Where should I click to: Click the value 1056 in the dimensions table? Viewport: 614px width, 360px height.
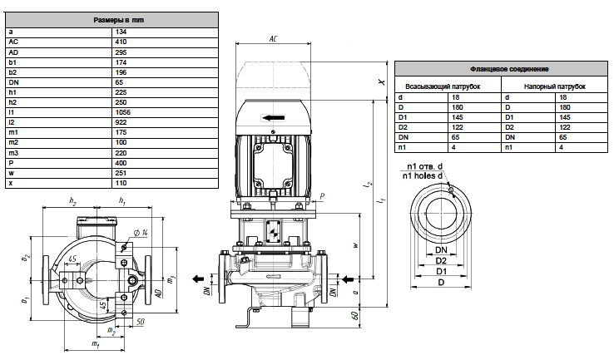(x=122, y=112)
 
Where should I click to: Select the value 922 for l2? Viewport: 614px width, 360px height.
(x=121, y=122)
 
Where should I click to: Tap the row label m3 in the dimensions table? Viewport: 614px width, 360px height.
(x=13, y=153)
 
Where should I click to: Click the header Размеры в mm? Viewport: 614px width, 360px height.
(x=118, y=20)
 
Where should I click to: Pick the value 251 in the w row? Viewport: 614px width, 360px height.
(x=121, y=173)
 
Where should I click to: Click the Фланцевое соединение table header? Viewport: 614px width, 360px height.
(x=509, y=69)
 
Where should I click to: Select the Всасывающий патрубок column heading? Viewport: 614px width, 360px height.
(x=443, y=86)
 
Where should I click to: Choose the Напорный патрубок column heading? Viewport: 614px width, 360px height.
(x=554, y=86)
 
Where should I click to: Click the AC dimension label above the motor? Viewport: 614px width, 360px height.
(x=273, y=39)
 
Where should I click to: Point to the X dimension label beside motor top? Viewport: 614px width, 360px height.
(x=381, y=82)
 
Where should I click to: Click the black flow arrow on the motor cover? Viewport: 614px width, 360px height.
(x=273, y=117)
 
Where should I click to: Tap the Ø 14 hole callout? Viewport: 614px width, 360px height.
(x=141, y=233)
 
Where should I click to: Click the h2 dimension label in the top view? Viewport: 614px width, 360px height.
(x=72, y=200)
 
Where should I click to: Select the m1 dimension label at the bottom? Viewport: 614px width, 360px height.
(x=95, y=344)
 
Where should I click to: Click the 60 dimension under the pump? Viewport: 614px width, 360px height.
(x=355, y=315)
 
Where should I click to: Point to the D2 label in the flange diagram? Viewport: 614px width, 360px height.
(x=441, y=260)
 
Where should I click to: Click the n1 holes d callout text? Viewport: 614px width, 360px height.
(x=423, y=176)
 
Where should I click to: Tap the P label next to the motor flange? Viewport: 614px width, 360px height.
(x=322, y=196)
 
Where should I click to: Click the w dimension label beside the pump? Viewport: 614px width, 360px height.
(x=355, y=245)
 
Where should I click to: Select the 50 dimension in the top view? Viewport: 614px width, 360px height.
(x=140, y=322)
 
